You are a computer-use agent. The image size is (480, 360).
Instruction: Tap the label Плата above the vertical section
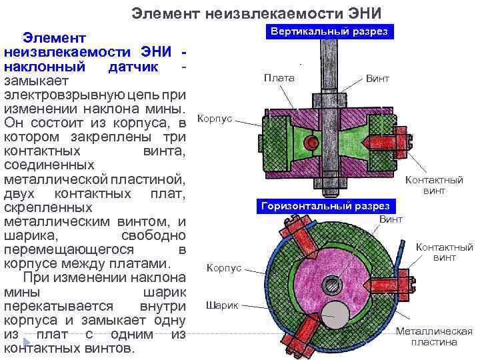[x=279, y=78]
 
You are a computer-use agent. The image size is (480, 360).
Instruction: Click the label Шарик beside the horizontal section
[x=221, y=305]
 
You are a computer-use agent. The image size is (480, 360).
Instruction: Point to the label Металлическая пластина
[x=434, y=337]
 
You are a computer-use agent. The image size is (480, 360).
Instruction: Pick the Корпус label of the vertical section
[x=215, y=118]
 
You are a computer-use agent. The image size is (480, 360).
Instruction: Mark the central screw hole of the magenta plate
[x=332, y=285]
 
